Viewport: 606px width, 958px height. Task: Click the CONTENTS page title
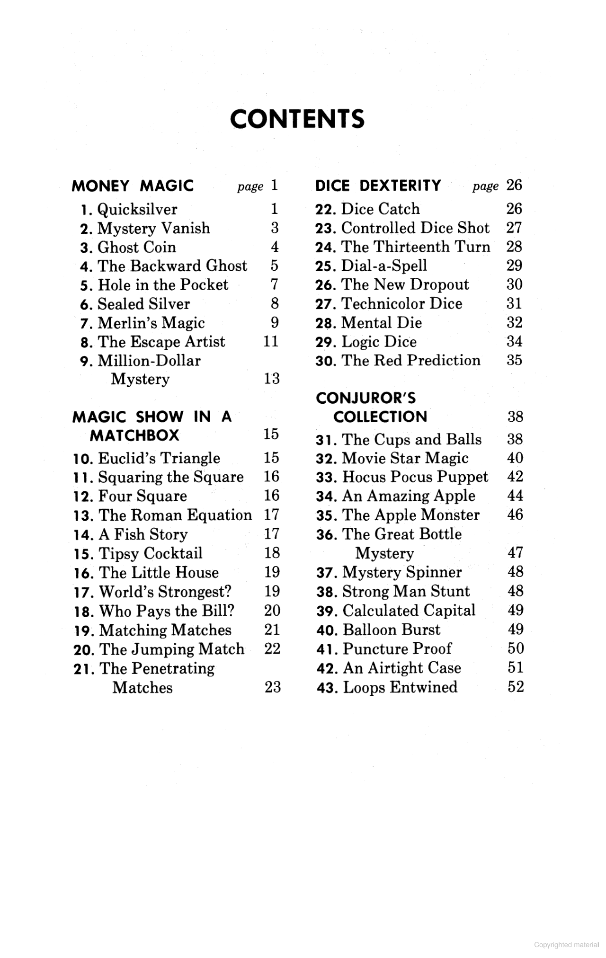coord(297,119)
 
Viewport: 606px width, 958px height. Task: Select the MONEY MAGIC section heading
coord(133,186)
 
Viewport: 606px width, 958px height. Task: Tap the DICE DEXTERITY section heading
coord(378,186)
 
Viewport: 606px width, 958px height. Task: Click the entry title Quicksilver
coord(137,209)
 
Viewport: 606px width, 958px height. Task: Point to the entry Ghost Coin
coord(136,247)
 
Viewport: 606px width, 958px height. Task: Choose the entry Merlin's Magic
coord(151,323)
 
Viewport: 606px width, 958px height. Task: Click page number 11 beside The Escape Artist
coord(271,341)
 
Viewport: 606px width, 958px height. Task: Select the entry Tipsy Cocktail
coord(151,553)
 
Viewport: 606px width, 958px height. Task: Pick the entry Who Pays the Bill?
coord(167,611)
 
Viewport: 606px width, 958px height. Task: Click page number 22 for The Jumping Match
coord(272,648)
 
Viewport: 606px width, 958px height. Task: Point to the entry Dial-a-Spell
coord(384,266)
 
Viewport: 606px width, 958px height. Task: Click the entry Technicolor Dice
coord(401,303)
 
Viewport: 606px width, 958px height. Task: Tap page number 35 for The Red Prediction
coord(514,360)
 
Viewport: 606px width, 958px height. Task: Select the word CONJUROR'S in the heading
coord(365,398)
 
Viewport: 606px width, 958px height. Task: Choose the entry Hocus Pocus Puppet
coord(415,477)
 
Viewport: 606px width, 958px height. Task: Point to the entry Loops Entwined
coord(400,687)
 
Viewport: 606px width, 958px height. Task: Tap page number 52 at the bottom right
coord(516,687)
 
